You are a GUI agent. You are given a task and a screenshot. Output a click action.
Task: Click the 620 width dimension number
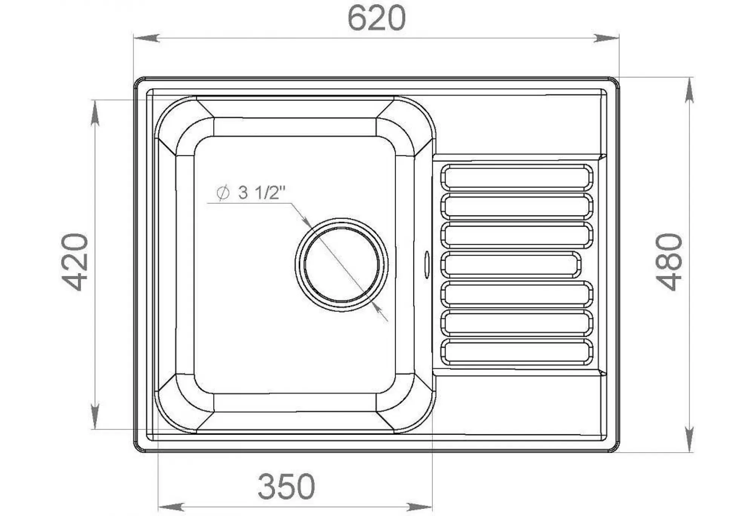tap(376, 18)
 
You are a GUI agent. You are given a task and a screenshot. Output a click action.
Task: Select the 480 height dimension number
tap(670, 262)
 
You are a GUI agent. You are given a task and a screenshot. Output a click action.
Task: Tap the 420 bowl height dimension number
tap(75, 262)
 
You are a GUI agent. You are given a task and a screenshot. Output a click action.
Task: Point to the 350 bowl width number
tap(287, 487)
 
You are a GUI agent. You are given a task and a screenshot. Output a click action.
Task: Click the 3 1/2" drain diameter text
tap(262, 193)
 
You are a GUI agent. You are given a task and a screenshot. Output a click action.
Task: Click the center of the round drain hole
tap(342, 265)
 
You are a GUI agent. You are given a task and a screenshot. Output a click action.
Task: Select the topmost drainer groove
tap(516, 177)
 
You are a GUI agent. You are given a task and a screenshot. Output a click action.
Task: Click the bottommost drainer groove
tap(516, 352)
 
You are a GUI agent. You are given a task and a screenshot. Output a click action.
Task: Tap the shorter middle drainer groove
tap(511, 265)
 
